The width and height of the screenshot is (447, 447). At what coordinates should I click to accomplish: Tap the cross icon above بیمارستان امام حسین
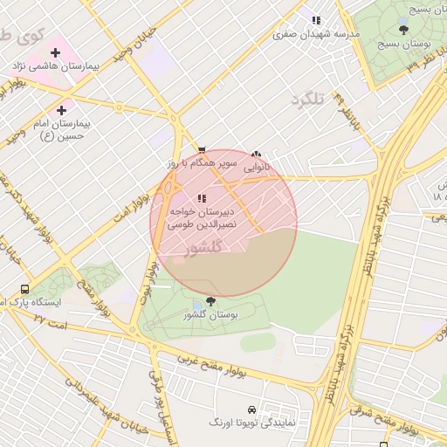pyautogui.click(x=61, y=110)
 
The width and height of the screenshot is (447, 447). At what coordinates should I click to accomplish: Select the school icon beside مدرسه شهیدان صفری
pyautogui.click(x=316, y=20)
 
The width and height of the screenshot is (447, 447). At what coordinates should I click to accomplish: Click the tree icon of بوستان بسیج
pyautogui.click(x=402, y=29)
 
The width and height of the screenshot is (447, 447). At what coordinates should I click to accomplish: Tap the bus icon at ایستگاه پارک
pyautogui.click(x=24, y=289)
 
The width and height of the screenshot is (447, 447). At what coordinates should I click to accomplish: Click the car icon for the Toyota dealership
pyautogui.click(x=251, y=409)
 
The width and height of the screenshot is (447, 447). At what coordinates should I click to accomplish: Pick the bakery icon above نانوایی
pyautogui.click(x=256, y=154)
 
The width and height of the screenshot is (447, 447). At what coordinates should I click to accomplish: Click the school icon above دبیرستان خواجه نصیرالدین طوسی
pyautogui.click(x=202, y=198)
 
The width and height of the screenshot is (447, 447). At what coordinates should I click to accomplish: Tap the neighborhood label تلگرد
pyautogui.click(x=306, y=100)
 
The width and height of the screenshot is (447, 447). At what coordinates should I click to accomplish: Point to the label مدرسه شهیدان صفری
pyautogui.click(x=305, y=35)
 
